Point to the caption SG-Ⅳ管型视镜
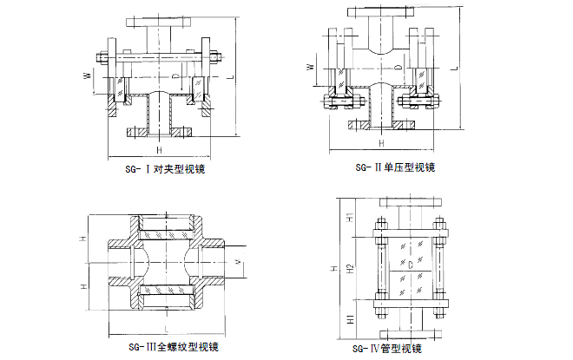pyautogui.click(x=387, y=349)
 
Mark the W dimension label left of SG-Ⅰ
pyautogui.click(x=87, y=76)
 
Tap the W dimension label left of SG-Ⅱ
pyautogui.click(x=311, y=67)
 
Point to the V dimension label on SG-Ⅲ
pyautogui.click(x=238, y=261)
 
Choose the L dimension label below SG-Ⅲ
pyautogui.click(x=165, y=331)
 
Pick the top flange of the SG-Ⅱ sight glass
pyautogui.click(x=379, y=12)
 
